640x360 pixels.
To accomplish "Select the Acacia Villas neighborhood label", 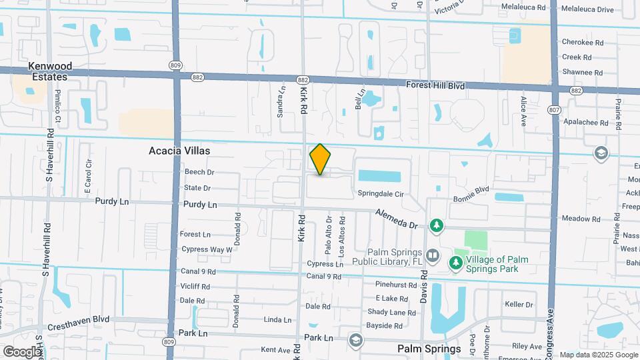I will point(179,151).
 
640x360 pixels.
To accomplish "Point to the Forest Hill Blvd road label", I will point(435,85).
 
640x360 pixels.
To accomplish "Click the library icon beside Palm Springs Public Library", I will point(433,255).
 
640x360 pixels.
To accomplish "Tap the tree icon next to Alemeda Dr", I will point(437,225).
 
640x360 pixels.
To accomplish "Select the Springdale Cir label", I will point(381,194).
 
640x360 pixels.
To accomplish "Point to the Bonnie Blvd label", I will point(472,190).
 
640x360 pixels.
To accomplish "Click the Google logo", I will point(22,351).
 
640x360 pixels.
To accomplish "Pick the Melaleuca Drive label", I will point(587,9).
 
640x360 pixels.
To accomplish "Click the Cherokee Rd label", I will point(582,42).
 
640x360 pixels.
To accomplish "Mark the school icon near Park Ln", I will point(355,341).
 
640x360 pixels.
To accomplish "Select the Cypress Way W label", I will point(207,249).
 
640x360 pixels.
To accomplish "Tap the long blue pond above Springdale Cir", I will point(379,176).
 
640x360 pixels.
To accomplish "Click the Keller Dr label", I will point(519,305).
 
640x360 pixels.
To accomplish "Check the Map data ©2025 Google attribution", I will point(597,355).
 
